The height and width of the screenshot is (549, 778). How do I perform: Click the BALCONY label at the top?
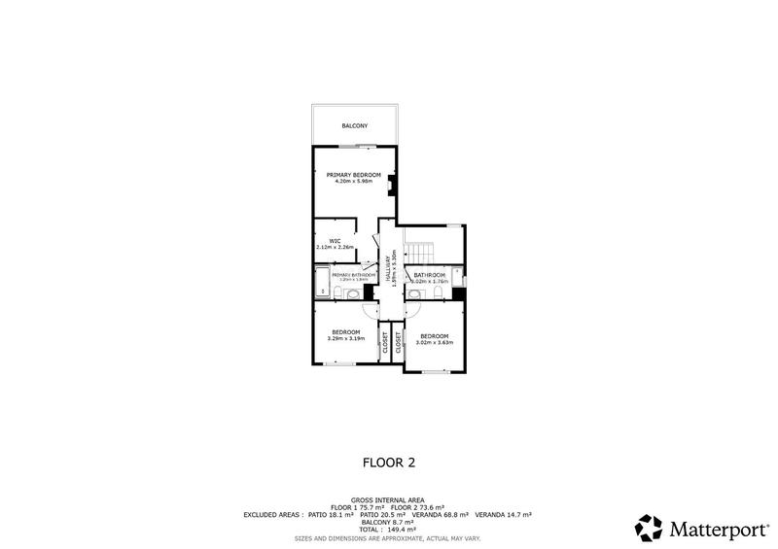354,126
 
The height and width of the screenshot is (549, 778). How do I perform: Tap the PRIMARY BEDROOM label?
354,175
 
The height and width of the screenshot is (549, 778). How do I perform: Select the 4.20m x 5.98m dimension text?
354,182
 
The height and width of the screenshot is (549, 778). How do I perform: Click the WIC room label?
334,241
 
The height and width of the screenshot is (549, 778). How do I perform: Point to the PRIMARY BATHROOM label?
353,275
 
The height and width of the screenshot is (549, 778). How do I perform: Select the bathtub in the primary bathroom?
322,285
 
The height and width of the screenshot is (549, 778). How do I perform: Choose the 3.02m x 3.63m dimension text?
435,343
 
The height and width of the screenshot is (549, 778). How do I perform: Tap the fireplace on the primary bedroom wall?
391,184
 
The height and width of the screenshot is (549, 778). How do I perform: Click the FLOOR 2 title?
389,464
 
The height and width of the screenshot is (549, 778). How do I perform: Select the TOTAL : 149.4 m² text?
389,529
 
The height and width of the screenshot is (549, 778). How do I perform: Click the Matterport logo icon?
649,528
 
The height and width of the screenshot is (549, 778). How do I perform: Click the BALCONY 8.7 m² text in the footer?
389,521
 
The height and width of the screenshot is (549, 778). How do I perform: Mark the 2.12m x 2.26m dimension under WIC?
334,248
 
